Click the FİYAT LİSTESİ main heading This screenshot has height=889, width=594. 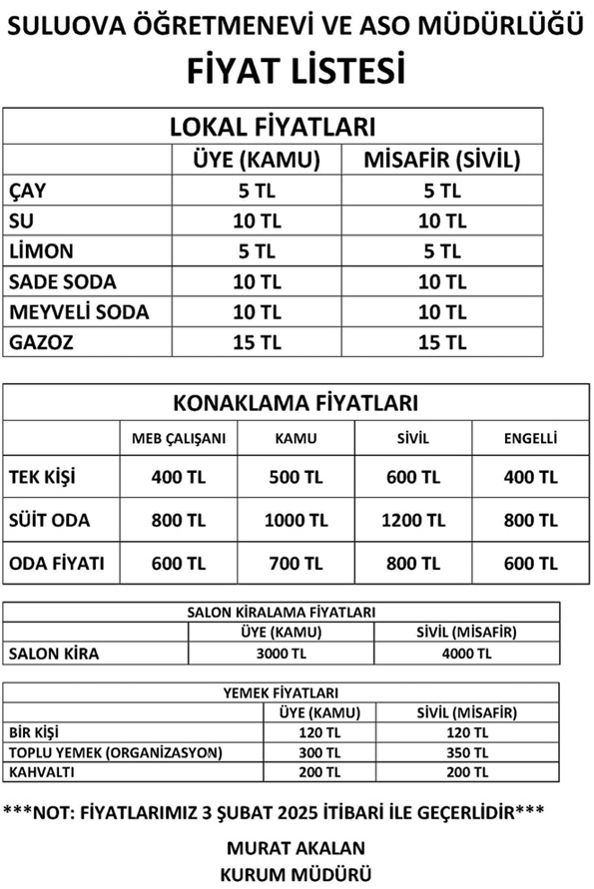297,72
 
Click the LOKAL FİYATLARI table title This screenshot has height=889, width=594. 273,127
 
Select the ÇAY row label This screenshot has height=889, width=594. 27,190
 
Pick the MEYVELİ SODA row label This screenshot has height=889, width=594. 79,311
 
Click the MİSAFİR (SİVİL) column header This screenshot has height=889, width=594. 441,159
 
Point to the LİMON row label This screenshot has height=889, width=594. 41,250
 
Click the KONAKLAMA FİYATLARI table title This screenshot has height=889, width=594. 296,403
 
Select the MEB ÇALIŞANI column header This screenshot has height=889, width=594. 180,438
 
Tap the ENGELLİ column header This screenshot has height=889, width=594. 530,438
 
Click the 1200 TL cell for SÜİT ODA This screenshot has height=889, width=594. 413,520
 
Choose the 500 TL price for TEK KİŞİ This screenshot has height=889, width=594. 297,477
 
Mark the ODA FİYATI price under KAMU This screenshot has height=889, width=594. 297,563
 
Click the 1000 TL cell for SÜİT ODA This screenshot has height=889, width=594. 297,520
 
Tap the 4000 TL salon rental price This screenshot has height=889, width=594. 466,654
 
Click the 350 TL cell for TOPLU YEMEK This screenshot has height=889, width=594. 466,752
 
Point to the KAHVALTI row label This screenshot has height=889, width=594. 42,772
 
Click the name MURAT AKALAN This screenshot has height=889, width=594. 297,848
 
